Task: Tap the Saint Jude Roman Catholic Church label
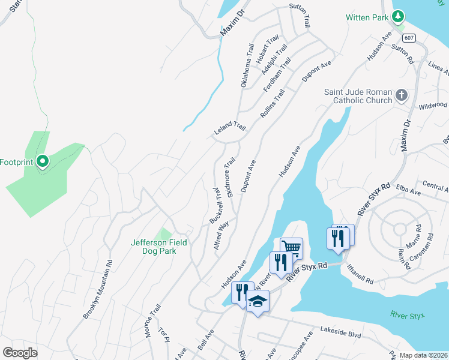tap(358, 96)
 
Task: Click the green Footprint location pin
tap(43, 162)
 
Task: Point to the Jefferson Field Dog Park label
tap(159, 247)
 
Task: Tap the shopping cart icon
tap(291, 247)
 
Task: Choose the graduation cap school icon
tap(258, 301)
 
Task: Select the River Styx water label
tap(407, 314)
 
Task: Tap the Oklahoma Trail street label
tap(247, 65)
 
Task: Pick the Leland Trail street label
tap(231, 128)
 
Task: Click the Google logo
tap(20, 352)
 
